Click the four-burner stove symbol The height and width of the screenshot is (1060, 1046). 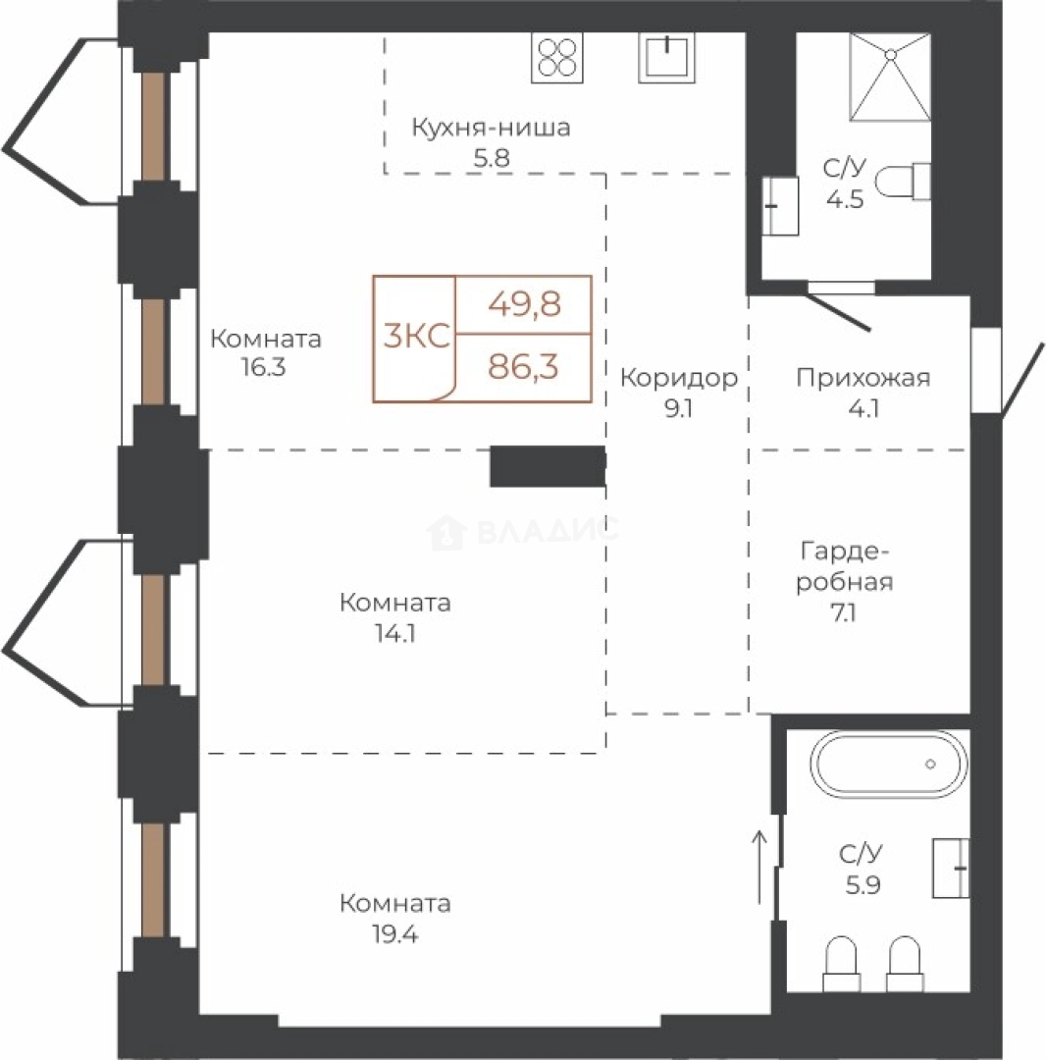pyautogui.click(x=556, y=58)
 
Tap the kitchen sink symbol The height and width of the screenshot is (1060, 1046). pyautogui.click(x=666, y=58)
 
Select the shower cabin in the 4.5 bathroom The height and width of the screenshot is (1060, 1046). pyautogui.click(x=890, y=78)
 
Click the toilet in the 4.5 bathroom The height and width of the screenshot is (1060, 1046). pyautogui.click(x=903, y=182)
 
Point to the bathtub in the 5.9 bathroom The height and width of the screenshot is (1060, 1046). pyautogui.click(x=889, y=764)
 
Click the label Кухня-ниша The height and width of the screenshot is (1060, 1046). pyautogui.click(x=492, y=127)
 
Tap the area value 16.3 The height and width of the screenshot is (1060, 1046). pyautogui.click(x=264, y=367)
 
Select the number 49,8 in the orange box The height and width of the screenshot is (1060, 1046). pyautogui.click(x=524, y=304)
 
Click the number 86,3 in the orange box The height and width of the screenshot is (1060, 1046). pyautogui.click(x=524, y=367)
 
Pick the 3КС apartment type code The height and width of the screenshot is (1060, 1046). pyautogui.click(x=416, y=336)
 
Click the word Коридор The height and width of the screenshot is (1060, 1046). pyautogui.click(x=679, y=377)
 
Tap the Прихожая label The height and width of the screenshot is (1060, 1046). pyautogui.click(x=863, y=377)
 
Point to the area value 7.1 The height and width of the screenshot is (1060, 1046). pyautogui.click(x=844, y=613)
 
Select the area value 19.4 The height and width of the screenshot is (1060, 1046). pyautogui.click(x=395, y=934)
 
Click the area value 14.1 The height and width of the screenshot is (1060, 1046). pyautogui.click(x=395, y=633)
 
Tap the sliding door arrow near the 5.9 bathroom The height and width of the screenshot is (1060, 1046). pyautogui.click(x=760, y=868)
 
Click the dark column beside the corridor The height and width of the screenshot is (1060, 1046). pyautogui.click(x=548, y=466)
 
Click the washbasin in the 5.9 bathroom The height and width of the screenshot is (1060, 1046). pyautogui.click(x=951, y=868)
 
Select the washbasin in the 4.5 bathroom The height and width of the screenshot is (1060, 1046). pyautogui.click(x=780, y=206)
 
